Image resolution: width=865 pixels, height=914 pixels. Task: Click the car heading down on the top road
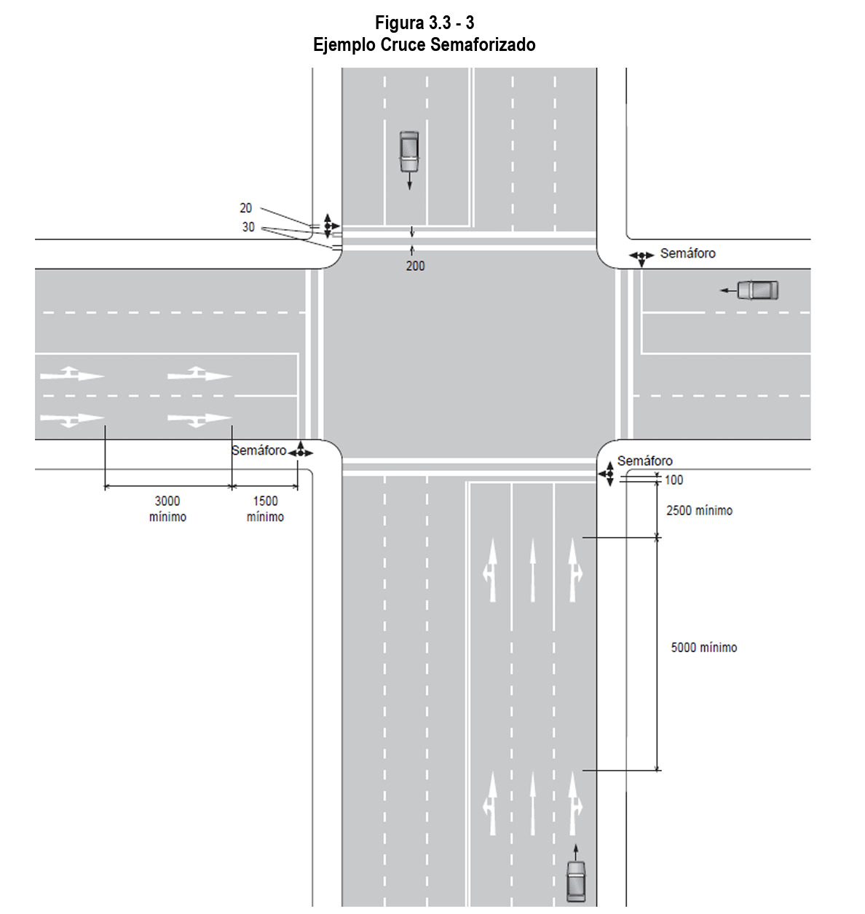409,151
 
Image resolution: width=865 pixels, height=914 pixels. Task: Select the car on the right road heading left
757,290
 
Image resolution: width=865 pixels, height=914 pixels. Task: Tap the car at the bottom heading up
576,881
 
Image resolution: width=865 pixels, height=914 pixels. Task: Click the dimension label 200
415,266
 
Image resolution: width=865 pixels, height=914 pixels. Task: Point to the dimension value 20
246,208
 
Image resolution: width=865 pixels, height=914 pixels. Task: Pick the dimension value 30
248,227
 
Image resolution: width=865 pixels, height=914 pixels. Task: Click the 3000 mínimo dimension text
167,509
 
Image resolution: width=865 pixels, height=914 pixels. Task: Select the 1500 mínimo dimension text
265,509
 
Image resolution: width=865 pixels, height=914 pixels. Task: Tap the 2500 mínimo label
699,511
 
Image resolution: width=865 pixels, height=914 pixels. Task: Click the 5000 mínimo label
703,648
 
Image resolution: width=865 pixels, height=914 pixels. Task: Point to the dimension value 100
674,480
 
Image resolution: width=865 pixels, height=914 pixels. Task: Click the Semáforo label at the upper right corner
687,253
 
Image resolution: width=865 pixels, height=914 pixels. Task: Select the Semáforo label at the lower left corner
258,450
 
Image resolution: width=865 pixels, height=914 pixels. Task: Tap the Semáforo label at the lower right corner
644,461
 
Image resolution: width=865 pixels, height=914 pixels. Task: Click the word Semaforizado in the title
483,45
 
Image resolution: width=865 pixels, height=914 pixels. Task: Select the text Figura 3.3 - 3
424,23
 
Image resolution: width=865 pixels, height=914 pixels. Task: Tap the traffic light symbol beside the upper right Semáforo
641,257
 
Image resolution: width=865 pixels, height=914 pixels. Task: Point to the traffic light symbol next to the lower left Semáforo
300,452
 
